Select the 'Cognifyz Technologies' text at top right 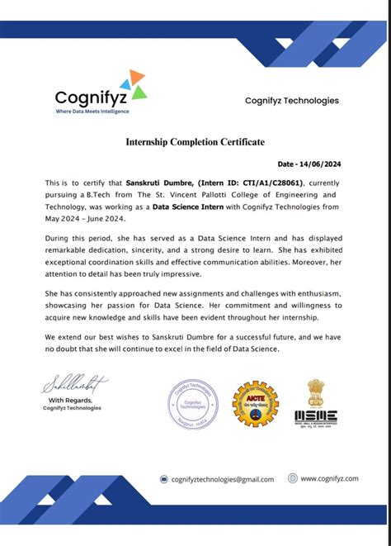pyautogui.click(x=291, y=101)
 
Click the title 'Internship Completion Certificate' pyautogui.click(x=195, y=142)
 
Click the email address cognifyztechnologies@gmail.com pyautogui.click(x=222, y=479)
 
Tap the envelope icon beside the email pyautogui.click(x=163, y=479)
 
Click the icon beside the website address pyautogui.click(x=292, y=478)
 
